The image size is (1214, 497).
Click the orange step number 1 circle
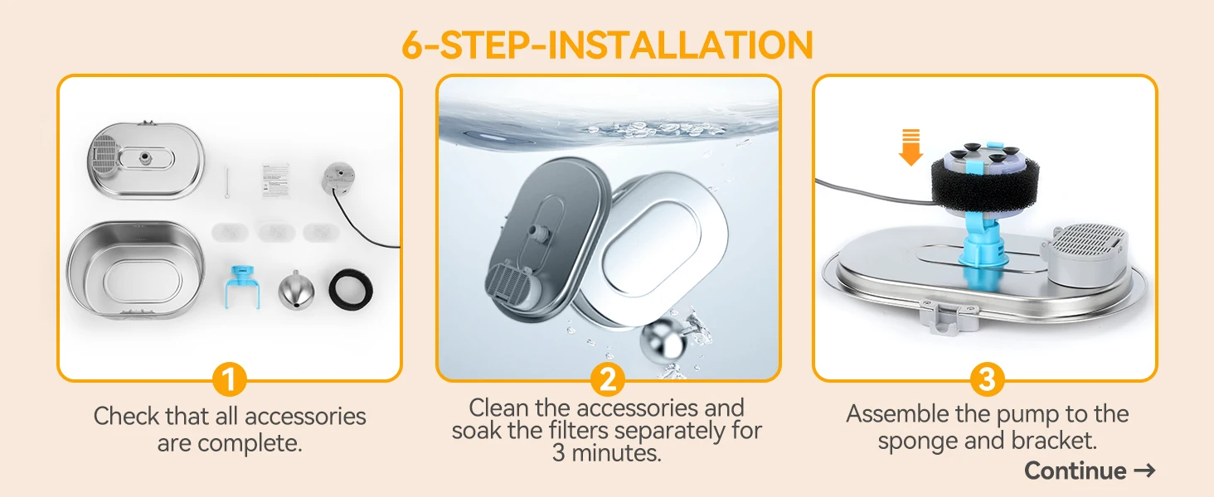point(229,379)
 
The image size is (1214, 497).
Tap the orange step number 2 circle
point(608,379)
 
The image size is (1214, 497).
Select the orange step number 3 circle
point(987,379)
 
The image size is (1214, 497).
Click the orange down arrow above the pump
point(910,147)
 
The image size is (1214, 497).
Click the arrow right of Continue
point(1144,470)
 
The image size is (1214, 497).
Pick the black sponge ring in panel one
point(351,289)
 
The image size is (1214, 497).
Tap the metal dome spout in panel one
point(296,291)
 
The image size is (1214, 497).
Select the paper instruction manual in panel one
point(275,181)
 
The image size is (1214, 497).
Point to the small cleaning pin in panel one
point(227,182)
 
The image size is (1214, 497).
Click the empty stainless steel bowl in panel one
point(135,269)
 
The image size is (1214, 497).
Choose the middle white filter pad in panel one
point(276,232)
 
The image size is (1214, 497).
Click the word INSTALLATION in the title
point(681,45)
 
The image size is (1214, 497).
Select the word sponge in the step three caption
point(917,442)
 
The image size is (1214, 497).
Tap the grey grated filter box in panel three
point(1086,252)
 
